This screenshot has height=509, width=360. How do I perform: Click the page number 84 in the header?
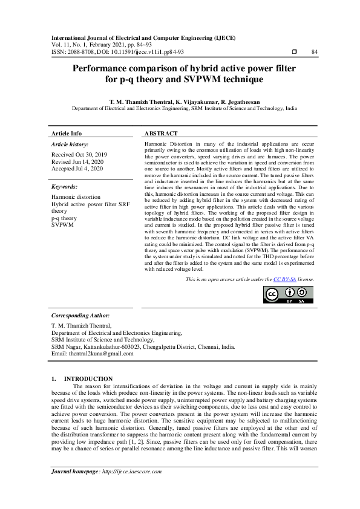314,52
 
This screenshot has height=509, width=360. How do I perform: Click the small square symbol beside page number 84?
293,52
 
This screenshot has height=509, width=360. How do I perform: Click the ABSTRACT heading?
162,133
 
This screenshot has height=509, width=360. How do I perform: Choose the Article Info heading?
67,133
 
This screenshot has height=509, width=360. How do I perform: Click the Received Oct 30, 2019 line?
79,155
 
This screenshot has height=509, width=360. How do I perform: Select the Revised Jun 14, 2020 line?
77,161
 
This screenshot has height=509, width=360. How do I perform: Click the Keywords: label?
65,187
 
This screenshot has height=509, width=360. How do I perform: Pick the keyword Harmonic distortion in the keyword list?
76,198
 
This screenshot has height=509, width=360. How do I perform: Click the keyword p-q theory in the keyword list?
64,218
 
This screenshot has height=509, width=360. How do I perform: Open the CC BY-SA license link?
284,280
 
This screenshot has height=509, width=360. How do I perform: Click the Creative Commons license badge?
289,294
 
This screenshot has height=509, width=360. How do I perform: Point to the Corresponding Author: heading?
80,316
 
